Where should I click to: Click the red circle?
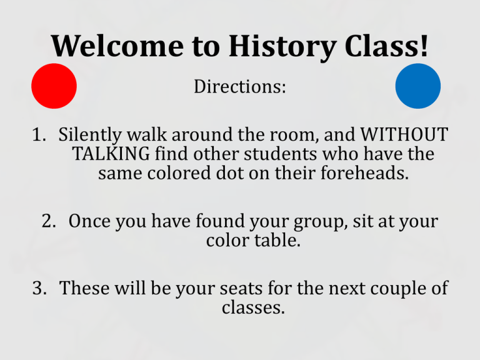point(54,86)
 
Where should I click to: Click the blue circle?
point(417,86)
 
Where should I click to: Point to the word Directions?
point(240,87)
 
